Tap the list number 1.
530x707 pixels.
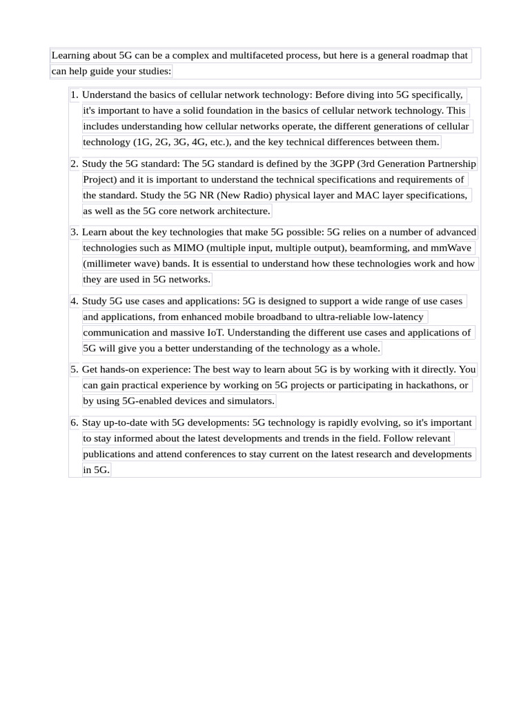point(74,95)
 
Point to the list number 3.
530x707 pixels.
point(74,232)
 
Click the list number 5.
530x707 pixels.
point(74,369)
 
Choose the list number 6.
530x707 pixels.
point(74,423)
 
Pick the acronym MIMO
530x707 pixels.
point(189,248)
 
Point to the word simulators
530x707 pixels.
point(249,401)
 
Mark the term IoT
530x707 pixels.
point(213,333)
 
